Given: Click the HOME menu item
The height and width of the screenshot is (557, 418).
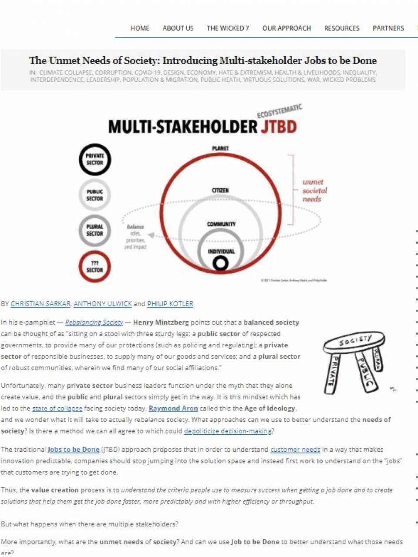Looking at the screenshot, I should pos(140,28).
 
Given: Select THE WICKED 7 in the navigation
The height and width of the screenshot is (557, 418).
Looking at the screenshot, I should pos(228,28).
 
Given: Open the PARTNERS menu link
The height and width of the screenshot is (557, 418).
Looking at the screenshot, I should pos(388,28).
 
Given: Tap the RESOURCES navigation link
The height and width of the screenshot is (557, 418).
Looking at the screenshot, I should pos(342,28).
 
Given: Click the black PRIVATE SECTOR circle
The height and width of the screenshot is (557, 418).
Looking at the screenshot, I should pos(95,159).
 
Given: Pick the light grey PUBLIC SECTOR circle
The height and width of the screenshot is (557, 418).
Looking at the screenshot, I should pos(95,195).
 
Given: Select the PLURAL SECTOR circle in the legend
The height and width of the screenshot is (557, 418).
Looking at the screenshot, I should pos(95,230).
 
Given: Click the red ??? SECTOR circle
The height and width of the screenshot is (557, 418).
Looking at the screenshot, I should pos(95,266).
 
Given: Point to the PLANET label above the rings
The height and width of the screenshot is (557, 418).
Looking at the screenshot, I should pos(220,148).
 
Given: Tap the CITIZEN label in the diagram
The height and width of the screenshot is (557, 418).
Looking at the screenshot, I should pos(220,191).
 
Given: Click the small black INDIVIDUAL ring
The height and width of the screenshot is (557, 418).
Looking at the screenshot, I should pos(221,263).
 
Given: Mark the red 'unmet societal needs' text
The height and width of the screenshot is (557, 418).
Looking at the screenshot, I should pos(314,191).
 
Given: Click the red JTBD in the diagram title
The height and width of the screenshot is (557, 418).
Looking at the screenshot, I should pos(279,127).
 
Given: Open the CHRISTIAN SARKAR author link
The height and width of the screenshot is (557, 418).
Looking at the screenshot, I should pos(40,304).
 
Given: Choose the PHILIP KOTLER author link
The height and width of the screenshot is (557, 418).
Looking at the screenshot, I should pos(170,304).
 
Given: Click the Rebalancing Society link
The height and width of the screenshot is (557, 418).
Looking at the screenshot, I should pos(94,322).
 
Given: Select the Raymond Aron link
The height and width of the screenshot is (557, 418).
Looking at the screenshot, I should pos(173,408).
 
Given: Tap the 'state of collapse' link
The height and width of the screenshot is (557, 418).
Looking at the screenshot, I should pos(57,408).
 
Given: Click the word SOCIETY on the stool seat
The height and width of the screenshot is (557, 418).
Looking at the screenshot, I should pos(355,340).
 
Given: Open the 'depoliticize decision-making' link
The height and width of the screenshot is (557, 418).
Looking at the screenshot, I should pos(228,431).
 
